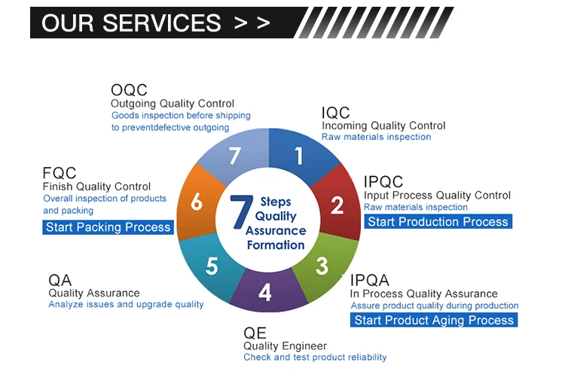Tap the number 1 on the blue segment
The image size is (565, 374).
(x=298, y=156)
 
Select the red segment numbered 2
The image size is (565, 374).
(x=337, y=205)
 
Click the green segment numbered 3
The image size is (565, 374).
(x=322, y=266)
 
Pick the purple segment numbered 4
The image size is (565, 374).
(x=264, y=291)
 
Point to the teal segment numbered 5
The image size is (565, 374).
(x=212, y=266)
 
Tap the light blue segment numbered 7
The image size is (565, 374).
(x=234, y=156)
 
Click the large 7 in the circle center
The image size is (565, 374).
(x=240, y=213)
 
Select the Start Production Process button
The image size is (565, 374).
(x=438, y=221)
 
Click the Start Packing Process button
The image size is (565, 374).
(x=108, y=227)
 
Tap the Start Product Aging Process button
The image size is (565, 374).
(x=434, y=320)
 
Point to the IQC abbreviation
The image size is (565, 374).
(x=336, y=113)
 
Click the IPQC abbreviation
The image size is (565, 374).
(x=383, y=182)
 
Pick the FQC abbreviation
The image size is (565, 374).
(x=60, y=173)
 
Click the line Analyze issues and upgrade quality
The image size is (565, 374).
(x=126, y=305)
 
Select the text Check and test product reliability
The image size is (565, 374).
(x=315, y=357)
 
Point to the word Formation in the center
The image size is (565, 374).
(x=275, y=245)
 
